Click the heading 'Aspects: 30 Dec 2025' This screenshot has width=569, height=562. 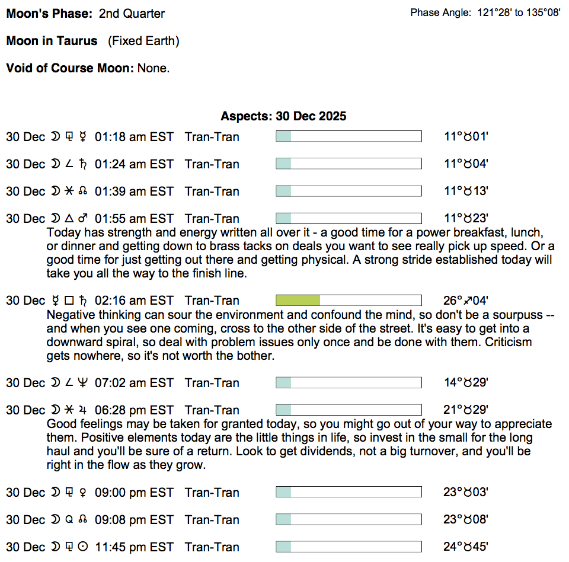click(x=283, y=116)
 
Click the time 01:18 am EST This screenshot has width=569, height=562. click(x=134, y=137)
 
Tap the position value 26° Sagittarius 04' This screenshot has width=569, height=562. click(x=466, y=301)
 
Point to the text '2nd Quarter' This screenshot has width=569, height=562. click(x=132, y=13)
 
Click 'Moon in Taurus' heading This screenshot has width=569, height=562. click(x=52, y=41)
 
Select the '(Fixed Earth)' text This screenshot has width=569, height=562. click(x=143, y=41)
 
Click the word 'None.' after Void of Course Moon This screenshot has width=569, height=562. click(x=154, y=68)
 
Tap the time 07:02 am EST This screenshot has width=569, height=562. click(x=134, y=382)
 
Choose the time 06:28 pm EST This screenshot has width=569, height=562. click(x=134, y=410)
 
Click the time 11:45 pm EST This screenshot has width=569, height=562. click(x=134, y=547)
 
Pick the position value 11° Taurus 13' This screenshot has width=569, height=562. click(x=466, y=191)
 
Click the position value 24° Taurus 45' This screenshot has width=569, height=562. click(x=466, y=547)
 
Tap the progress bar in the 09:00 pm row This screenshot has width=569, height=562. click(x=349, y=492)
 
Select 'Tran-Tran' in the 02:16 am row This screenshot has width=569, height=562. click(x=212, y=301)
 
